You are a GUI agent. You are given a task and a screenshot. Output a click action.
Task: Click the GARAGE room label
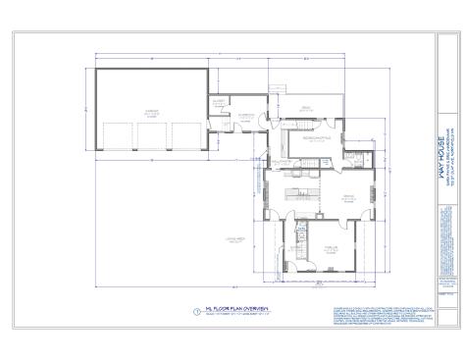pyautogui.click(x=152, y=112)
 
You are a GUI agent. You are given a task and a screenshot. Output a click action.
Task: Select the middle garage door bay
pyautogui.click(x=151, y=134)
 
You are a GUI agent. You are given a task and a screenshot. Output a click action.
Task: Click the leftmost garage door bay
pyautogui.click(x=117, y=134)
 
